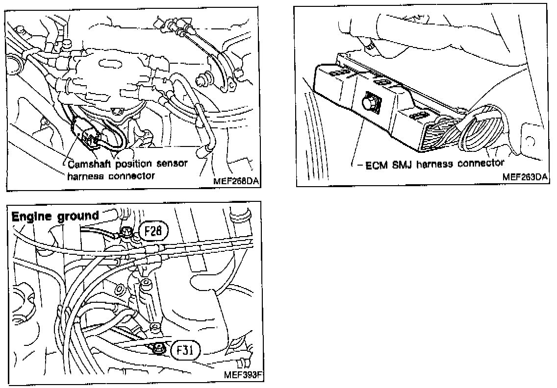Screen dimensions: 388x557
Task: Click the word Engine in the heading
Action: (x=30, y=216)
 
